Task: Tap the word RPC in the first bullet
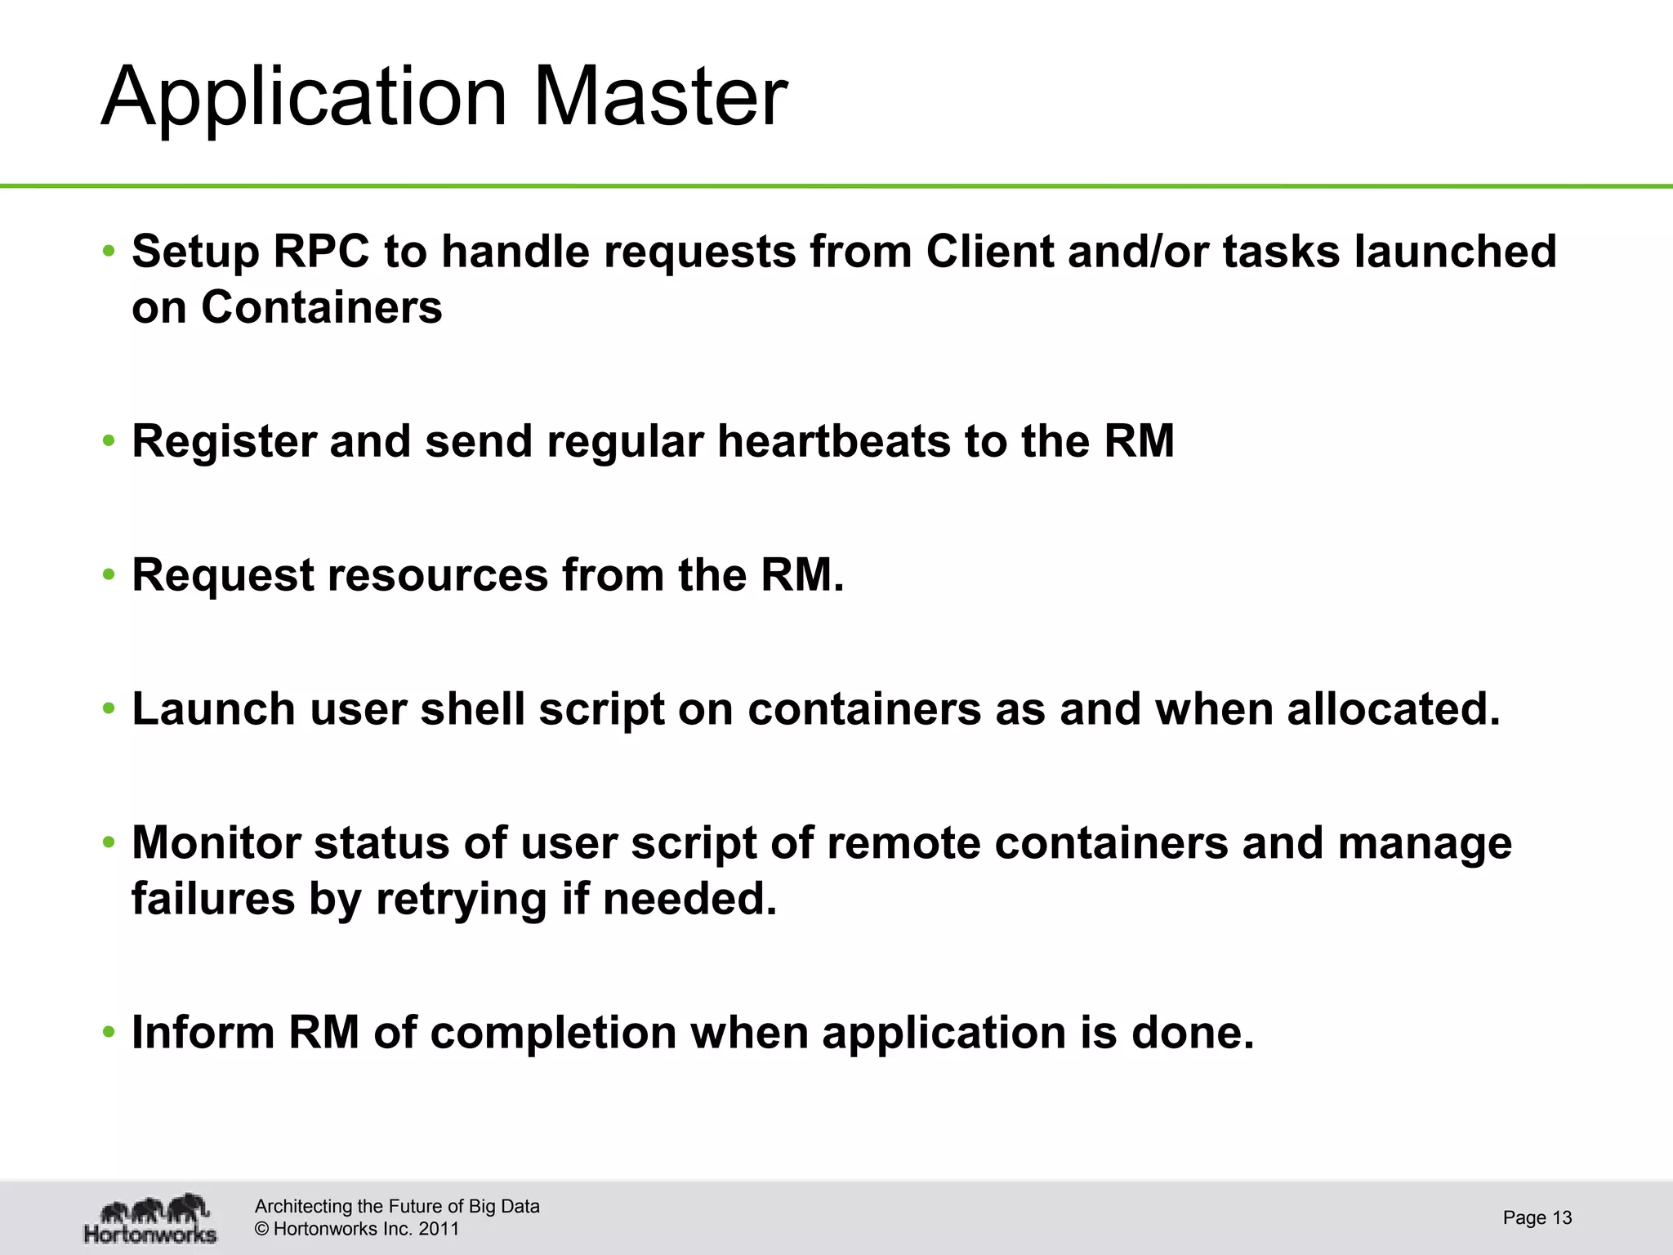pyautogui.click(x=321, y=251)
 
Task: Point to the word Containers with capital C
pyautogui.click(x=321, y=308)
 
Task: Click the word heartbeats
pyautogui.click(x=833, y=441)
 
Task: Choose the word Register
pyautogui.click(x=224, y=441)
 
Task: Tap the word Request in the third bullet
pyautogui.click(x=222, y=575)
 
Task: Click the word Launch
pyautogui.click(x=213, y=708)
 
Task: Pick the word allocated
pyautogui.click(x=1394, y=708)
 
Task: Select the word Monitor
pyautogui.click(x=216, y=842)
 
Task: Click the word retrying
pyautogui.click(x=461, y=900)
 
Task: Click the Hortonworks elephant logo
pyautogui.click(x=151, y=1218)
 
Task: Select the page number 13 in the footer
pyautogui.click(x=1562, y=1217)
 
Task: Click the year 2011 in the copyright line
pyautogui.click(x=439, y=1229)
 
